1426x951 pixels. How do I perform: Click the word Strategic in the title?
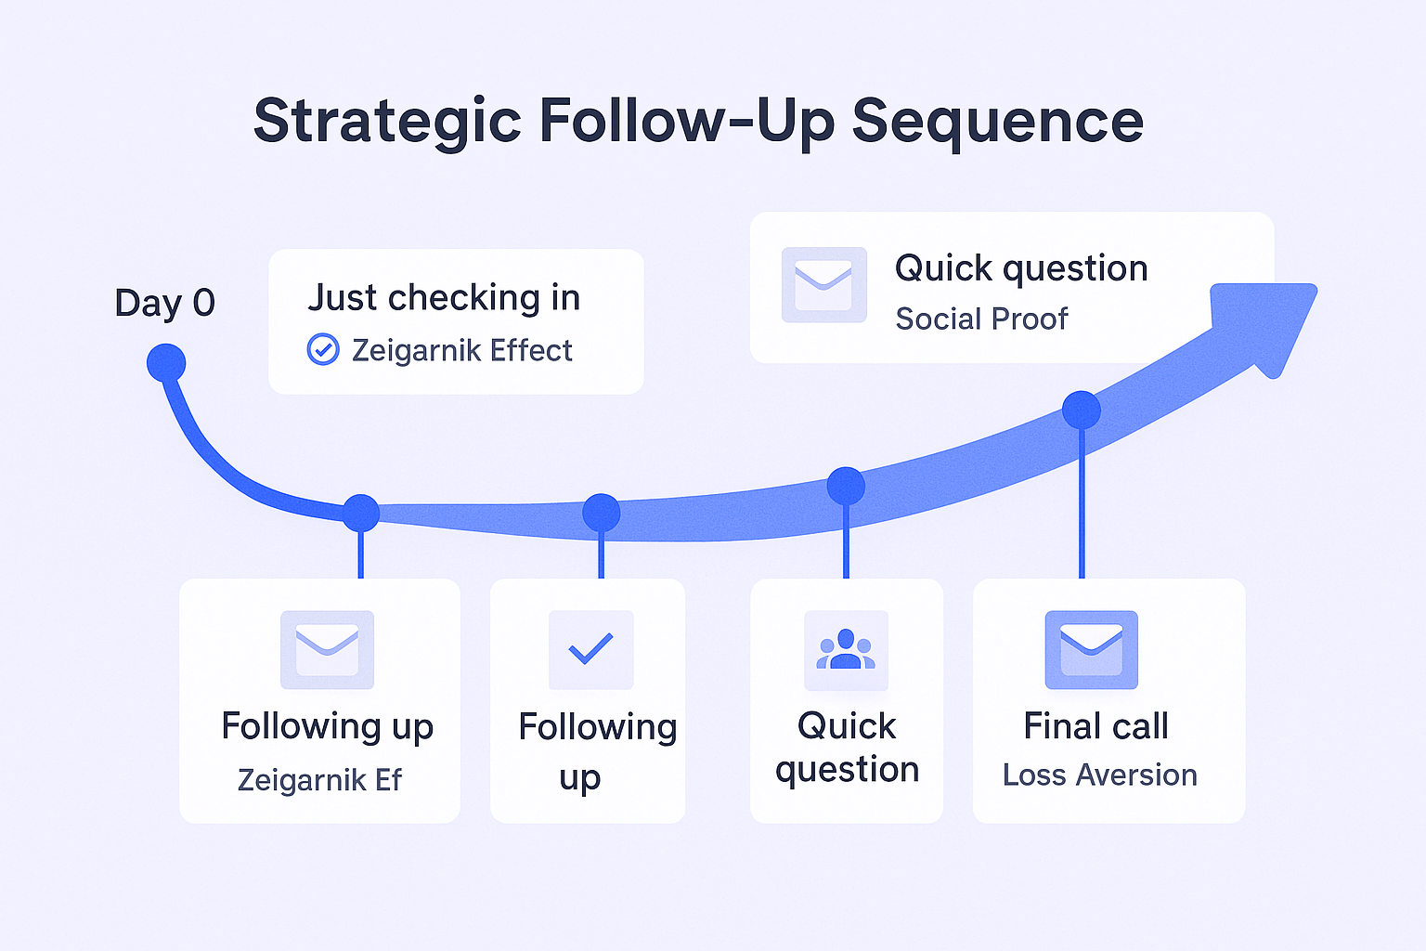click(x=387, y=122)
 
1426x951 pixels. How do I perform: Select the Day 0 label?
click(x=164, y=303)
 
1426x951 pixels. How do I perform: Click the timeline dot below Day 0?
click(x=166, y=363)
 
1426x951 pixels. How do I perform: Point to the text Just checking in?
click(x=444, y=298)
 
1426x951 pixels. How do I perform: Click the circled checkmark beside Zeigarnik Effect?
click(x=323, y=350)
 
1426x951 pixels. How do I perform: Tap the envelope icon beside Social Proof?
click(x=823, y=285)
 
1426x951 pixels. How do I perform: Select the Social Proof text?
click(x=981, y=319)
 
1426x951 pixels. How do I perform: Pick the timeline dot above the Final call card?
click(x=1082, y=410)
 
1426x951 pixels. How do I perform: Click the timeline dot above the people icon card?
click(x=846, y=486)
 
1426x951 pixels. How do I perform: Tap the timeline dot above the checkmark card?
click(x=602, y=513)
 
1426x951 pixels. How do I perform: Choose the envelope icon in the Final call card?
click(x=1091, y=649)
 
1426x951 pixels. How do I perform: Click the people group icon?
click(x=846, y=649)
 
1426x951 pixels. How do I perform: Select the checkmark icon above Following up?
click(x=590, y=649)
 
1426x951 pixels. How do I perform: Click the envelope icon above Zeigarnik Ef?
click(x=327, y=649)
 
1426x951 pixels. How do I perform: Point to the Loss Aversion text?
click(x=1099, y=775)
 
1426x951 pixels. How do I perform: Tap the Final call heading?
click(x=1095, y=726)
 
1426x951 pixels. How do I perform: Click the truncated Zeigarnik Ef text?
click(x=319, y=780)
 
